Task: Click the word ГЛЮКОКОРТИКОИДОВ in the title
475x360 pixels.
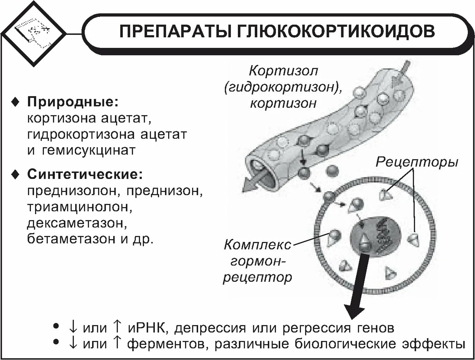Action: (337, 31)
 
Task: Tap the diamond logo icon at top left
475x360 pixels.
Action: (33, 33)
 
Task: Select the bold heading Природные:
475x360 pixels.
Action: (73, 102)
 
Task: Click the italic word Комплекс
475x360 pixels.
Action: (258, 244)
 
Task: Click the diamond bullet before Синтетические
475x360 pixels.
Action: (15, 175)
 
